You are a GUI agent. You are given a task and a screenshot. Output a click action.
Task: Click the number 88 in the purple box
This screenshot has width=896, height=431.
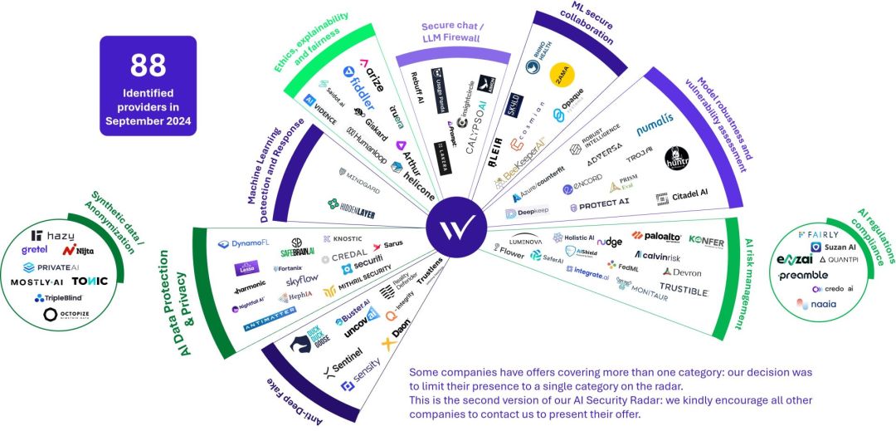coord(148,64)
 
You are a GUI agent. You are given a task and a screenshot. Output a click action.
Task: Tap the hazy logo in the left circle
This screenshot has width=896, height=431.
coord(53,236)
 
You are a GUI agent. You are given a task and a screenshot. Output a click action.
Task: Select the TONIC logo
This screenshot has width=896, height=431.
coord(90,281)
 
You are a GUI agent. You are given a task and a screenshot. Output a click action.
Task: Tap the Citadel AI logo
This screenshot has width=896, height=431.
coord(681,195)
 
